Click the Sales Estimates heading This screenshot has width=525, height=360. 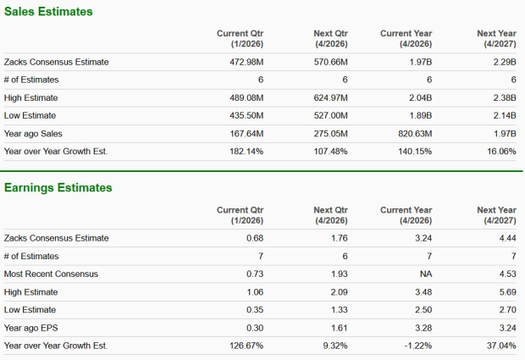pyautogui.click(x=47, y=12)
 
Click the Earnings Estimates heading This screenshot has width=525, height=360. pyautogui.click(x=58, y=187)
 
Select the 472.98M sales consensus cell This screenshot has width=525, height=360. pyautogui.click(x=246, y=62)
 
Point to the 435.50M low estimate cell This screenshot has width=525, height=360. pyautogui.click(x=246, y=115)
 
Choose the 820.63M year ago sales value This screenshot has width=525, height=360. pyautogui.click(x=415, y=133)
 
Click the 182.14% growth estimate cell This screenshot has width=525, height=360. pyautogui.click(x=246, y=151)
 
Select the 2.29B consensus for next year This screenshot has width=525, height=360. pyautogui.click(x=503, y=62)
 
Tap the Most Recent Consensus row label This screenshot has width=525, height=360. pyautogui.click(x=51, y=274)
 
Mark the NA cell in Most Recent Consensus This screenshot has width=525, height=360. pyautogui.click(x=425, y=274)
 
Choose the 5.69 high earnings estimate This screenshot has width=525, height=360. pyautogui.click(x=506, y=291)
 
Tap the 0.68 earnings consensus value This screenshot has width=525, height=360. pyautogui.click(x=254, y=238)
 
